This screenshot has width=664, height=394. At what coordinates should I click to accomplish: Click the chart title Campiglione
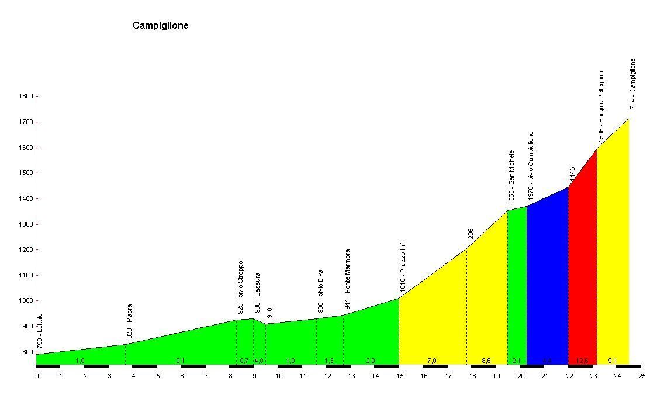coord(161,25)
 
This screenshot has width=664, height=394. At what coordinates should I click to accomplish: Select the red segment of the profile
coord(582,263)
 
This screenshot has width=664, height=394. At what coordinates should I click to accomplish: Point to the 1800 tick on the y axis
coord(26,97)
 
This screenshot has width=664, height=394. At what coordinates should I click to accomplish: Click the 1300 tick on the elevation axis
coord(26,224)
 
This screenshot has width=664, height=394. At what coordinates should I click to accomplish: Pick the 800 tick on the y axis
coord(27,352)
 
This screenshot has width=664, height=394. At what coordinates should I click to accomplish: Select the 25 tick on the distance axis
coord(642,376)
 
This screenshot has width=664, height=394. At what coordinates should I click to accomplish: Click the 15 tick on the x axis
coord(399,376)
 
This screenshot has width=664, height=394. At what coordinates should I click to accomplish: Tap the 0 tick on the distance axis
coord(37,376)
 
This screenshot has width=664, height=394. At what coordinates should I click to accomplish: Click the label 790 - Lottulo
coord(40,331)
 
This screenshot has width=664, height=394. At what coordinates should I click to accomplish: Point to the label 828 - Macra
coord(130,321)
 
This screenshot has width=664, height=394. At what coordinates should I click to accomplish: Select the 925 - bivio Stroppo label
coord(240,287)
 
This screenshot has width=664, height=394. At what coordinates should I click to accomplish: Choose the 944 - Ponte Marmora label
coord(347,280)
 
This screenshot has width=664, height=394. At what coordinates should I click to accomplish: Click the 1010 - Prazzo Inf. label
coord(403,267)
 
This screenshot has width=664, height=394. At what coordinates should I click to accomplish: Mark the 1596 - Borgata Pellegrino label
coord(601,106)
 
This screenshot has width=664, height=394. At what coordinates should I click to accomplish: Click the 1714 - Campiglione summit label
coord(632,85)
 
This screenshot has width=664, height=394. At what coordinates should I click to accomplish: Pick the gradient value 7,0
coord(432,361)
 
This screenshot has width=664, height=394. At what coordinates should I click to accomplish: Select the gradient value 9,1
coord(612,361)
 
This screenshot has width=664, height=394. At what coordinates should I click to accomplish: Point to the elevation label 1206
coord(471,235)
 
